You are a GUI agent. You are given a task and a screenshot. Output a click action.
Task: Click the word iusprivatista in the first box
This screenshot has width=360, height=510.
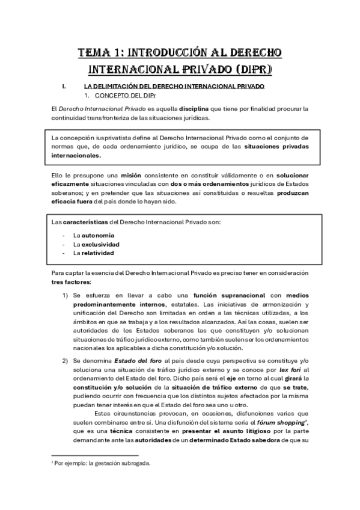112,138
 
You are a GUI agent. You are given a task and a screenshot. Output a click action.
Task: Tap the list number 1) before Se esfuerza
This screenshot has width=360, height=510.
66,295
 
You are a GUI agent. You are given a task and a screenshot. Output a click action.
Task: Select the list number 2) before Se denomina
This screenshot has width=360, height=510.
66,359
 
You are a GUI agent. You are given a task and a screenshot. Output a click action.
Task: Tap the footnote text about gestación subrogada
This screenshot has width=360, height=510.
102,463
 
